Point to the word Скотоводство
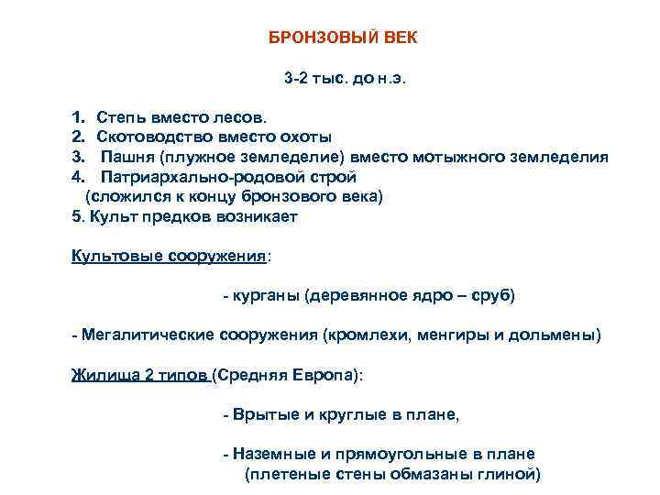[150, 137]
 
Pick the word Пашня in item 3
[124, 157]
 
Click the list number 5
[75, 217]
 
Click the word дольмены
[560, 335]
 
